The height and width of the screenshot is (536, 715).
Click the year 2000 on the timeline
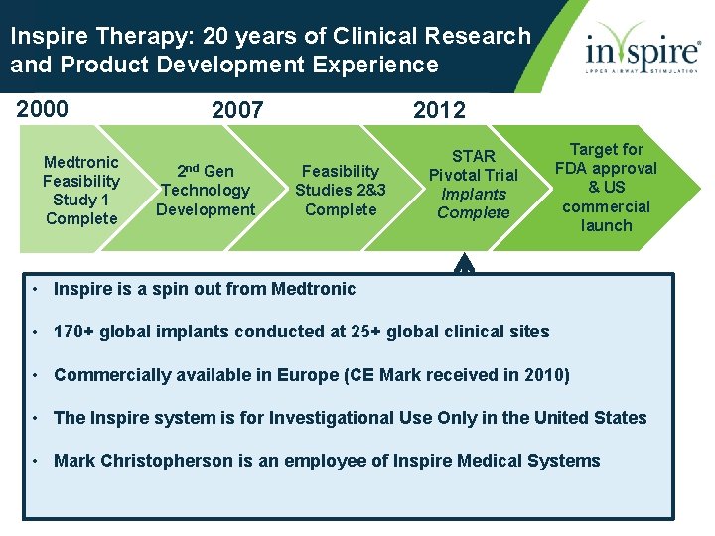pyautogui.click(x=43, y=108)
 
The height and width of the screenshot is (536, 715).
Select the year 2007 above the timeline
pyautogui.click(x=237, y=110)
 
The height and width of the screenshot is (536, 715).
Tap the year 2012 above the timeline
pyautogui.click(x=439, y=110)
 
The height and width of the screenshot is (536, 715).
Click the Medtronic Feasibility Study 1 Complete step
pyautogui.click(x=81, y=190)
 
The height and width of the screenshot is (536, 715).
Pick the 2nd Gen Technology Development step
pyautogui.click(x=206, y=190)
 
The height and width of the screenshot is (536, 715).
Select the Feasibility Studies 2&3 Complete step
pyautogui.click(x=341, y=190)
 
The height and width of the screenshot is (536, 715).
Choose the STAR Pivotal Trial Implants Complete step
pyautogui.click(x=474, y=185)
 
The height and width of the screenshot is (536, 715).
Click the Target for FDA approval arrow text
pyautogui.click(x=606, y=188)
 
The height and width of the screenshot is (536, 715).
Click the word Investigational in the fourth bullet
pyautogui.click(x=300, y=418)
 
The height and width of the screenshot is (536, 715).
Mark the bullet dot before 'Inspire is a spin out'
pyautogui.click(x=35, y=289)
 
